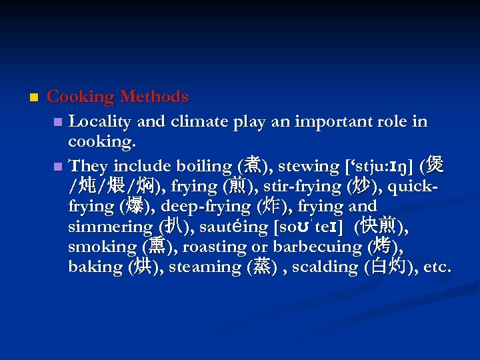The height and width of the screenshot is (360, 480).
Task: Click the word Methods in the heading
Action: pos(155,97)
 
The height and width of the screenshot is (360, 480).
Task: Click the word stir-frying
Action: pos(303,186)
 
